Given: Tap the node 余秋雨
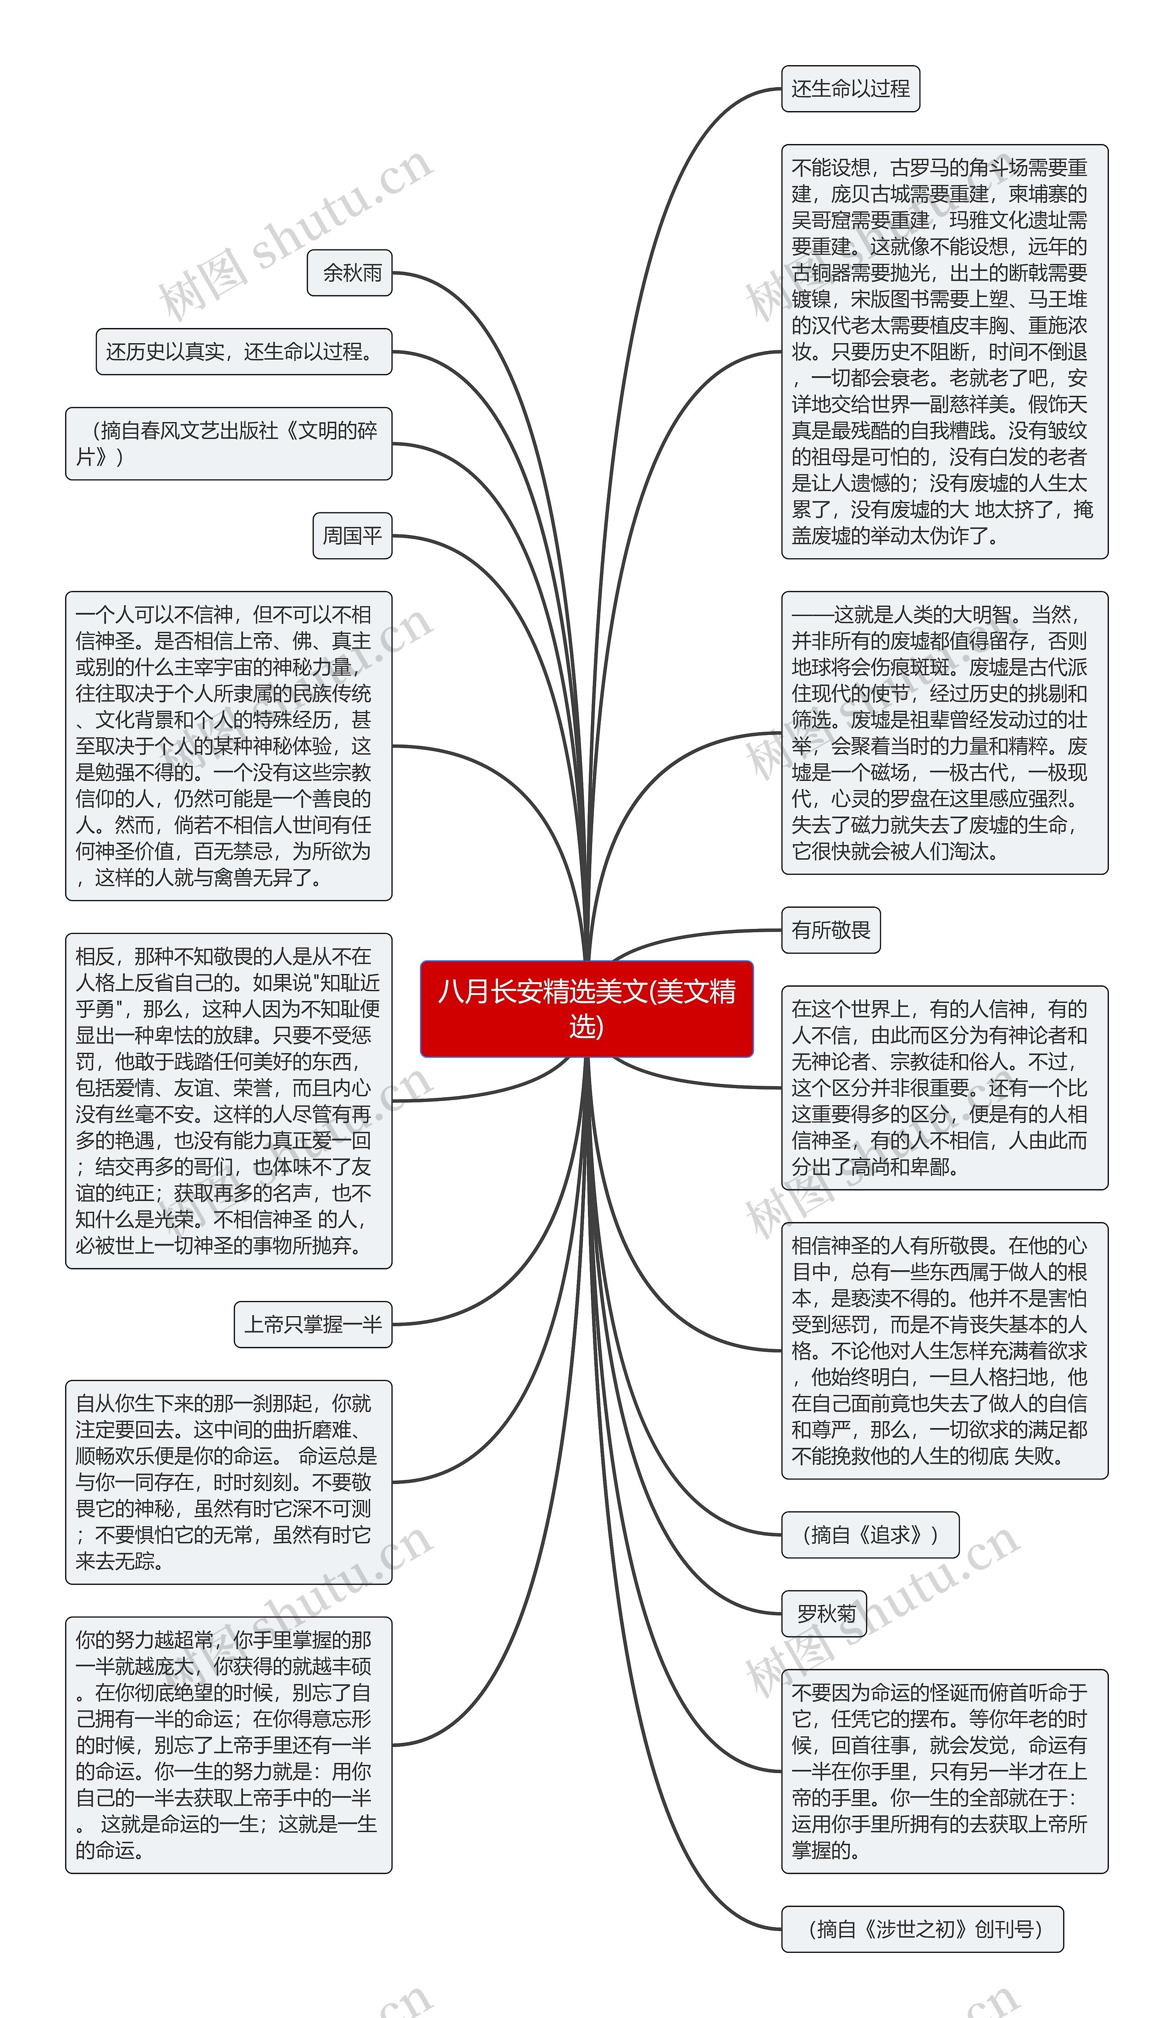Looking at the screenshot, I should pyautogui.click(x=350, y=273).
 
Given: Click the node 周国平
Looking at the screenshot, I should pyautogui.click(x=352, y=535).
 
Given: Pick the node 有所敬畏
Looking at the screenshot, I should pyautogui.click(x=831, y=930).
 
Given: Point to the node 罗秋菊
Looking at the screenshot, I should pyautogui.click(x=824, y=1613).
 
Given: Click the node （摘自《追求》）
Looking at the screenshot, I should pyautogui.click(x=870, y=1534).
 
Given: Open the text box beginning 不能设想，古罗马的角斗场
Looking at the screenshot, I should pyautogui.click(x=944, y=351).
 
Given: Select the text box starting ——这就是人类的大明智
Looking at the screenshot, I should pyautogui.click(x=944, y=733).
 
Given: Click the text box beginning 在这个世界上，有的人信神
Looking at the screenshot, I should pyautogui.click(x=944, y=1088).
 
